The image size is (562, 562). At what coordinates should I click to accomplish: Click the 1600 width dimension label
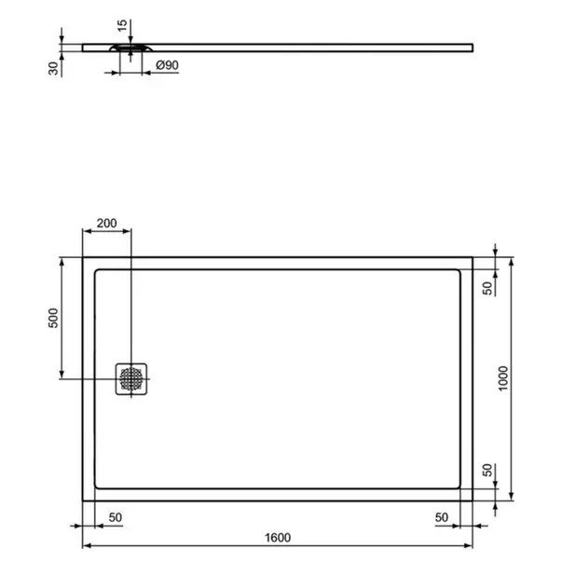click(x=278, y=538)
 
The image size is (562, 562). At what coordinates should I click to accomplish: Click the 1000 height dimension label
click(x=503, y=378)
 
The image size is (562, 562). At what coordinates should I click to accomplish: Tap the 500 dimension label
click(x=53, y=318)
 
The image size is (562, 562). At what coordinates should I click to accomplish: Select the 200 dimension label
click(x=107, y=224)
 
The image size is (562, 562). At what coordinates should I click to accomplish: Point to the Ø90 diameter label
click(x=168, y=65)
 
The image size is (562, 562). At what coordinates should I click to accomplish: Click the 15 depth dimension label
click(x=122, y=25)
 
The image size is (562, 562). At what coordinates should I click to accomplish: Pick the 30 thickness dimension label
click(x=53, y=68)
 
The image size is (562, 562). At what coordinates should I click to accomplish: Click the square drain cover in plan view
click(x=131, y=378)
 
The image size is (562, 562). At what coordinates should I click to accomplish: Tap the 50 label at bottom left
click(x=116, y=517)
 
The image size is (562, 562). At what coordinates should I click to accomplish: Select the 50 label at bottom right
click(x=442, y=517)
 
